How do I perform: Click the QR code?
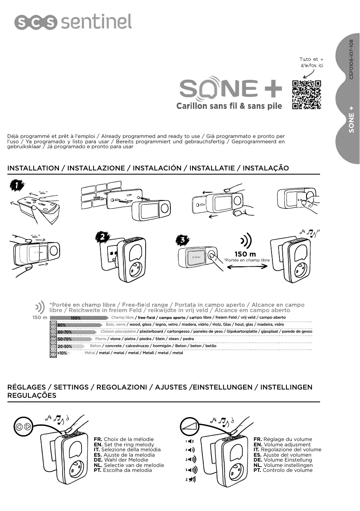click(306, 95)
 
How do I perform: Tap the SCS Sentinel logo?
click(73, 22)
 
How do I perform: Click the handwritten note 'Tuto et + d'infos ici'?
click(311, 63)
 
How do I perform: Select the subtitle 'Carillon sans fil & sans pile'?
click(229, 106)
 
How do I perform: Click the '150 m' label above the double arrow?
click(245, 254)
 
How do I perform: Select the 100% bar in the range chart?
click(76, 318)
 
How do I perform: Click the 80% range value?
click(62, 325)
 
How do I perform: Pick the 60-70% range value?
click(65, 332)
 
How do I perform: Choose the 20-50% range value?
click(65, 346)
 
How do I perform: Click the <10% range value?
click(62, 353)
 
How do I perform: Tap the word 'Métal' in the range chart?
click(90, 353)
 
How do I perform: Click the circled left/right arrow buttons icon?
click(23, 426)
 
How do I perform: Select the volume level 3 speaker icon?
click(190, 459)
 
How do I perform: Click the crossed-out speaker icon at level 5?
click(191, 479)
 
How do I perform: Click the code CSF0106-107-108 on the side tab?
click(351, 60)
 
